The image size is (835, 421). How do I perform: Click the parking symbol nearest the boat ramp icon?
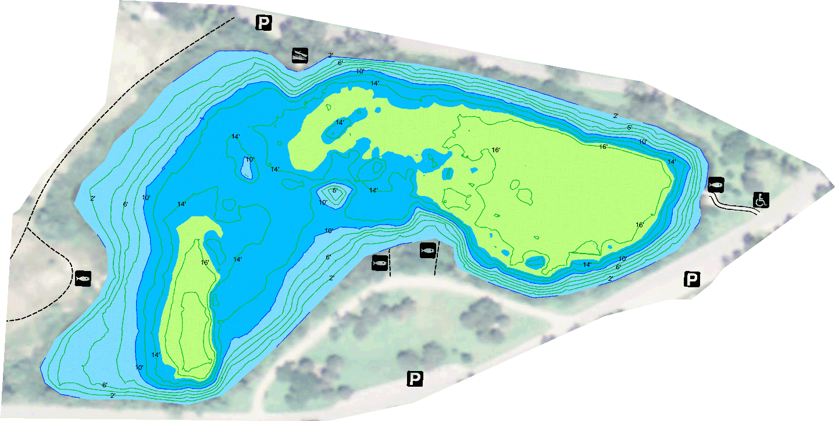point(264,23)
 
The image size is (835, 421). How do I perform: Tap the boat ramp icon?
point(300,56)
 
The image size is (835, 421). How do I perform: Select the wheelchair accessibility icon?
point(761,200)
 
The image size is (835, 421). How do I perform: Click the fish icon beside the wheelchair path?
point(716,185)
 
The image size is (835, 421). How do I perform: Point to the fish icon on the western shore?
point(83,278)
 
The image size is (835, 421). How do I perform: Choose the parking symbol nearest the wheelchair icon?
point(691,280)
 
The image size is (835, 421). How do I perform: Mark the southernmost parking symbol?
point(414,379)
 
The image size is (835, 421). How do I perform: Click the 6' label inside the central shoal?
point(335,190)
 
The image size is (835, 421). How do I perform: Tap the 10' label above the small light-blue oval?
point(249,159)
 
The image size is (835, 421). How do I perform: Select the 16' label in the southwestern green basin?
point(205,263)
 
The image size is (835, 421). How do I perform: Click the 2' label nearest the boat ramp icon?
point(330,56)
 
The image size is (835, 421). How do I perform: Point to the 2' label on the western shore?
point(92,199)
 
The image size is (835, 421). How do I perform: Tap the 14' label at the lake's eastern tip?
point(671,162)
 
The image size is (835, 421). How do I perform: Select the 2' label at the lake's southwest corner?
point(113,395)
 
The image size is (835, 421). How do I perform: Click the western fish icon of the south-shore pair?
point(380,262)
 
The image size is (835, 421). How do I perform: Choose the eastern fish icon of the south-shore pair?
point(427,251)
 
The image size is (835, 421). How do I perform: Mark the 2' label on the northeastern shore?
point(616,116)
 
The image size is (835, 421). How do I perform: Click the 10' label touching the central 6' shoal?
point(323,202)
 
